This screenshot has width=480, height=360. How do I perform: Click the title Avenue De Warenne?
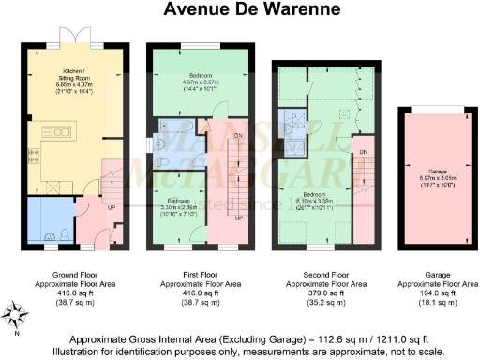tap(240, 10)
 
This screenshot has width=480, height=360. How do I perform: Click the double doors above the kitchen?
tap(74, 37)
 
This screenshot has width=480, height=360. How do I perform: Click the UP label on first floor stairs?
tap(238, 218)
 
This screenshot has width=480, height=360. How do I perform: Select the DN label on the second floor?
tap(362, 152)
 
